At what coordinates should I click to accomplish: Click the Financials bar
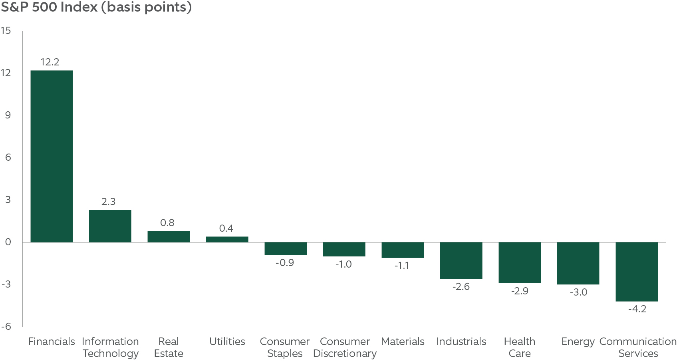[52, 156]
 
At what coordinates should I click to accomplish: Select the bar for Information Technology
[110, 226]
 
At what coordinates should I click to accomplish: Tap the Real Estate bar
[169, 237]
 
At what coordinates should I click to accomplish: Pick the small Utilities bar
[227, 239]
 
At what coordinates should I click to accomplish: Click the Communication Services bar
[636, 272]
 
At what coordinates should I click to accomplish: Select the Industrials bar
[461, 260]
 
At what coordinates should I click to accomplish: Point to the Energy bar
[578, 263]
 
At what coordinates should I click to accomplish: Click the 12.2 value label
[50, 62]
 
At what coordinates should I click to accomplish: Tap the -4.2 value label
[637, 309]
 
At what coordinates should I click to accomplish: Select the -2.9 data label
[520, 291]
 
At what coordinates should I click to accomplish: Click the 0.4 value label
[226, 229]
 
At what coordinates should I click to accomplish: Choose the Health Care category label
[519, 347]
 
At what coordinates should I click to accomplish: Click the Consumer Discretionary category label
[345, 347]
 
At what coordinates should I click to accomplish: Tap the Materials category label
[403, 342]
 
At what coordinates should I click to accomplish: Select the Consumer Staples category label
[284, 347]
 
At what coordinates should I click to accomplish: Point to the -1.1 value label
[402, 266]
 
